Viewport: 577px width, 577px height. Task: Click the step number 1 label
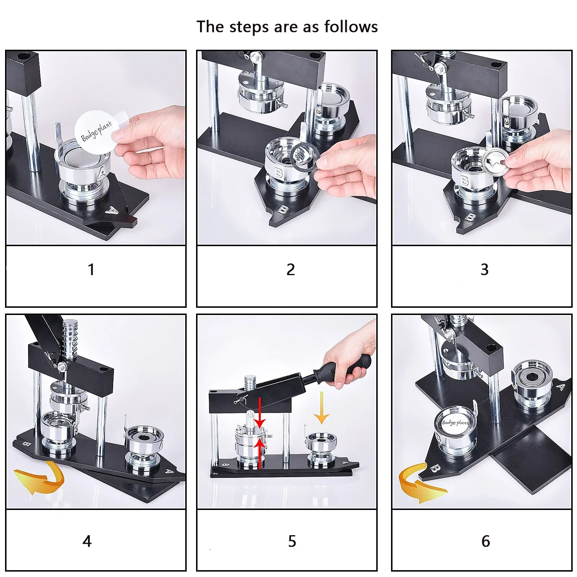tap(91, 270)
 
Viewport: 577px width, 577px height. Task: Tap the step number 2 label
tap(290, 270)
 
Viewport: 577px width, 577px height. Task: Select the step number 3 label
tap(484, 270)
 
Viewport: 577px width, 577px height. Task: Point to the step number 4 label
tap(87, 541)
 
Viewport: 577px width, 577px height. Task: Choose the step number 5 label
tap(292, 541)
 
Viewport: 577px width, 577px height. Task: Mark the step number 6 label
tap(485, 541)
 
